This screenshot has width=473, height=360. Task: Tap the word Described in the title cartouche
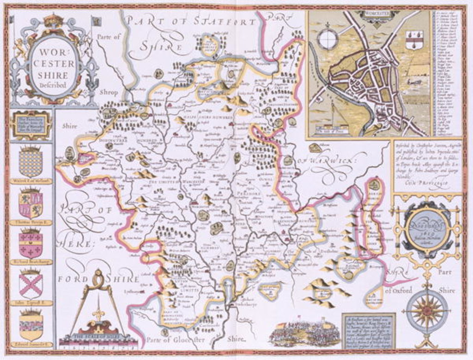click(53, 85)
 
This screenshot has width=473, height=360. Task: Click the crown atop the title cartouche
click(54, 20)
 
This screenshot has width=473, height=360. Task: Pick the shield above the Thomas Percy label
click(30, 204)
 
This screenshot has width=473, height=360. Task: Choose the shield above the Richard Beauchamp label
click(30, 245)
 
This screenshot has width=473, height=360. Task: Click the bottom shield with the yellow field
click(30, 326)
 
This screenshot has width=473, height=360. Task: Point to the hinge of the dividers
click(98, 278)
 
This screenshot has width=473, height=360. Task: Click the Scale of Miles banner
click(98, 336)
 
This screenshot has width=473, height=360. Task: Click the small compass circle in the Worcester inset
click(328, 39)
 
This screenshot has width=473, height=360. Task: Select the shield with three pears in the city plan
click(414, 40)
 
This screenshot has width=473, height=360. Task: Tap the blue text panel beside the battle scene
click(368, 331)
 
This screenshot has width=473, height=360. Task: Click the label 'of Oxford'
click(397, 291)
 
